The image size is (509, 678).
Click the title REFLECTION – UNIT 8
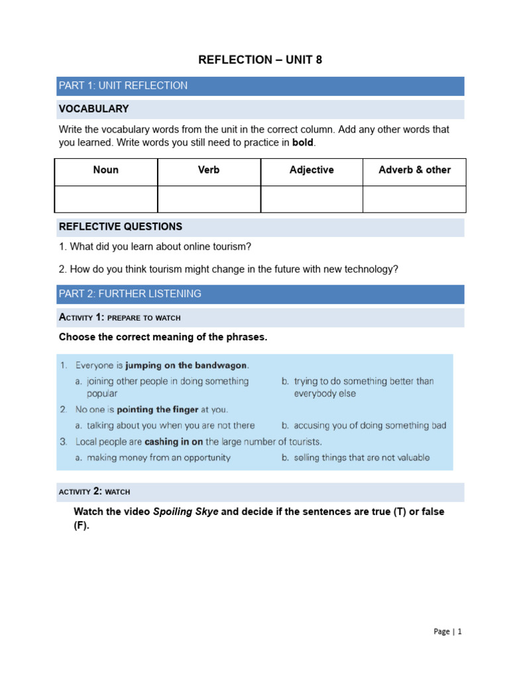tap(260, 60)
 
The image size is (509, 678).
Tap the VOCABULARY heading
tap(94, 109)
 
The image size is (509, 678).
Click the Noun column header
tap(106, 170)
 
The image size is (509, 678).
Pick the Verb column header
tap(209, 170)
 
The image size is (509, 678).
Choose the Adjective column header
tap(311, 170)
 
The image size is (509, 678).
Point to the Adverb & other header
tap(414, 170)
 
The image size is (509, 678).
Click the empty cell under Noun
tap(106, 199)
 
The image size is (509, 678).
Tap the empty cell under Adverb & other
tap(414, 199)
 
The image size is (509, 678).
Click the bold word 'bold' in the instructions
tap(302, 142)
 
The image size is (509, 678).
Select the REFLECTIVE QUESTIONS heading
tap(121, 226)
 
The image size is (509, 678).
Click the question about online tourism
tap(155, 247)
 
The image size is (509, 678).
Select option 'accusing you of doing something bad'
tap(370, 426)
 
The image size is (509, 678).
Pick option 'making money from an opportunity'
tap(158, 458)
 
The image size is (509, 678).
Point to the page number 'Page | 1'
tap(447, 632)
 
